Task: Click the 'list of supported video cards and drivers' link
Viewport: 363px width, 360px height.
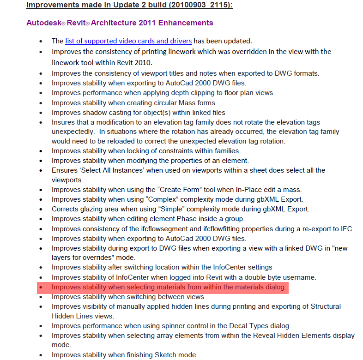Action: click(x=128, y=41)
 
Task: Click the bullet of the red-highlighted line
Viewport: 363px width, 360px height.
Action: click(x=42, y=288)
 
